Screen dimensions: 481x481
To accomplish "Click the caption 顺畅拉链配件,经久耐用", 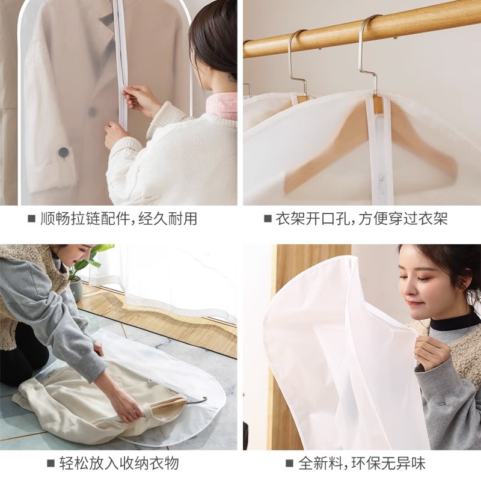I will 118,219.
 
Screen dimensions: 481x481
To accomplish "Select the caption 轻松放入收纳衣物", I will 118,464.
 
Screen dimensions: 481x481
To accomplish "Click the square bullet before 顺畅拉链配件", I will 31,219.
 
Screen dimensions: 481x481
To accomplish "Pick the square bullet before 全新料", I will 290,464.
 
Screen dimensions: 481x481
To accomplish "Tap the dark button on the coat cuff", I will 63,153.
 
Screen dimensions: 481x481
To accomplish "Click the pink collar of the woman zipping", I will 222,108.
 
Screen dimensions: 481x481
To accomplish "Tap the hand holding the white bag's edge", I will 430,352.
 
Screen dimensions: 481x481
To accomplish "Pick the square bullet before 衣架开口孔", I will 268,219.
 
